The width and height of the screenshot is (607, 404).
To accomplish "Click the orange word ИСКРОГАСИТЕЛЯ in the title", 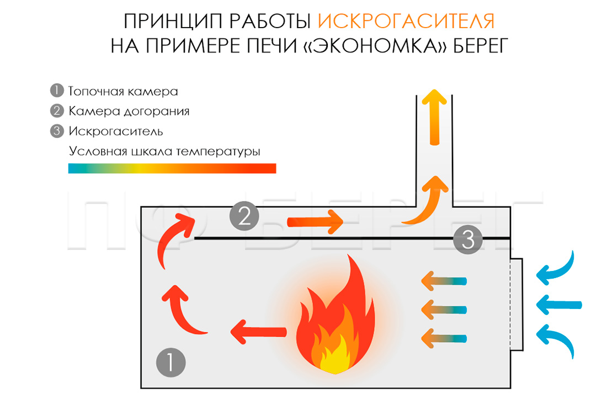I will point(406,21).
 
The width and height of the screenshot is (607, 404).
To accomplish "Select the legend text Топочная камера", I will point(123,91).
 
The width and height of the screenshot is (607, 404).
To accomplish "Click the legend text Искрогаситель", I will point(115,131).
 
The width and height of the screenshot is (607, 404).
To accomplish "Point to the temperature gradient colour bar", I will point(172,168).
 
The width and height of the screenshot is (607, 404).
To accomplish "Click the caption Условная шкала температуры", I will point(164,151).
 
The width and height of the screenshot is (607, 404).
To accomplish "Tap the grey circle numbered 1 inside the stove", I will point(171,363).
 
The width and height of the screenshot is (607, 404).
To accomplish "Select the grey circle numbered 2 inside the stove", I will point(244,216).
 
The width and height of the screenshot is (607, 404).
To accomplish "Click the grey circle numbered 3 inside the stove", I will point(468,240).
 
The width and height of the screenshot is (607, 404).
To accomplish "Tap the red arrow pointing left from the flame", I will point(258,331).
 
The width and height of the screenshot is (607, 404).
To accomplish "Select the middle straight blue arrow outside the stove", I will point(559,304).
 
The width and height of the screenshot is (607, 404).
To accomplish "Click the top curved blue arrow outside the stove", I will point(558,269).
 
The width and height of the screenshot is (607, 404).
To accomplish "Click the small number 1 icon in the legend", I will point(57,91).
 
